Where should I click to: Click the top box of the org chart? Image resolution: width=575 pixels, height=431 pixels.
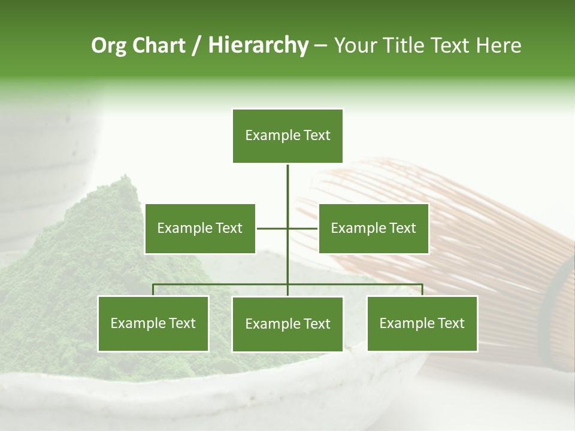(x=287, y=136)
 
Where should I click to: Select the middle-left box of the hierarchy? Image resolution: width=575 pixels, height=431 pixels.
(x=199, y=228)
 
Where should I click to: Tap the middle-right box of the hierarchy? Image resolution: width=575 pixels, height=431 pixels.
(x=373, y=228)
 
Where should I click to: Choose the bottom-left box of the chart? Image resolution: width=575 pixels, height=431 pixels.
(x=153, y=323)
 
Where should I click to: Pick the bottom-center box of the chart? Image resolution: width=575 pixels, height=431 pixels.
(x=287, y=324)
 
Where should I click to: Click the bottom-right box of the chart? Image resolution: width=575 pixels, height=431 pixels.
(x=422, y=323)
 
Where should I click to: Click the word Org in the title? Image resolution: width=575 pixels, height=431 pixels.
(x=108, y=45)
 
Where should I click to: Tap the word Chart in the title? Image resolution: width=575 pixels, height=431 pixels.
(x=158, y=45)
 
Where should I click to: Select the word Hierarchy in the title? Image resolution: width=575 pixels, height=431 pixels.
(x=258, y=45)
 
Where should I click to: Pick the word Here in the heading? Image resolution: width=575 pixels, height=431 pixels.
(x=498, y=45)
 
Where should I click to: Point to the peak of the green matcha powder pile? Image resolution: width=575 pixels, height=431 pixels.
(x=124, y=180)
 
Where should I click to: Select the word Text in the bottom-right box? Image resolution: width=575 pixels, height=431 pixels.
(x=450, y=323)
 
